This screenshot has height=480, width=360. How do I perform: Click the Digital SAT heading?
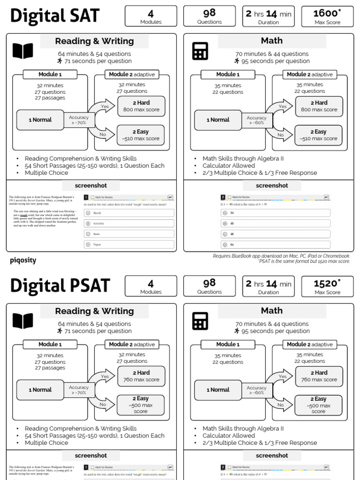pyautogui.click(x=55, y=16)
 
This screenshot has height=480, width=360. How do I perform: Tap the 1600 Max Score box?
pyautogui.click(x=327, y=16)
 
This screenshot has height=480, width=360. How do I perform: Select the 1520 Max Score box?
pyautogui.click(x=327, y=286)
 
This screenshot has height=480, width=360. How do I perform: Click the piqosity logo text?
pyautogui.click(x=23, y=260)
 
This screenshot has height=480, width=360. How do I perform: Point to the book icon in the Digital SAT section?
pyautogui.click(x=23, y=51)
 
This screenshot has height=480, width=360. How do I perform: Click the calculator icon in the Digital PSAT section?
pyautogui.click(x=200, y=321)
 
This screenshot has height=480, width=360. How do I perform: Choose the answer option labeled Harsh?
pyautogui.click(x=129, y=213)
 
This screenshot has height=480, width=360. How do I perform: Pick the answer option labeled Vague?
pyautogui.click(x=129, y=244)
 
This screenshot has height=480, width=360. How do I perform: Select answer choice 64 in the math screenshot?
pyautogui.click(x=275, y=244)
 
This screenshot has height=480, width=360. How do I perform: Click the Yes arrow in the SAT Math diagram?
pyautogui.click(x=283, y=107)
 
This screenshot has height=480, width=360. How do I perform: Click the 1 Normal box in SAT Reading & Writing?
pyautogui.click(x=40, y=120)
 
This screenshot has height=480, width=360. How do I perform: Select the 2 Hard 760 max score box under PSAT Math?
pyautogui.click(x=319, y=376)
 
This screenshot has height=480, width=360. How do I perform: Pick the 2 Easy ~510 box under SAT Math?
pyautogui.click(x=319, y=135)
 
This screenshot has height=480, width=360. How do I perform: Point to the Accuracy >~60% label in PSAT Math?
pyautogui.click(x=256, y=390)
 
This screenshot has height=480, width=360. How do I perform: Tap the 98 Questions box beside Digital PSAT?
pyautogui.click(x=209, y=286)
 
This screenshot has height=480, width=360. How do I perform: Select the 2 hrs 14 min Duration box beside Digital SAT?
pyautogui.click(x=268, y=16)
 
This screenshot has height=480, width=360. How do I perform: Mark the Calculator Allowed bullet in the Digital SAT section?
pyautogui.click(x=229, y=165)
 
